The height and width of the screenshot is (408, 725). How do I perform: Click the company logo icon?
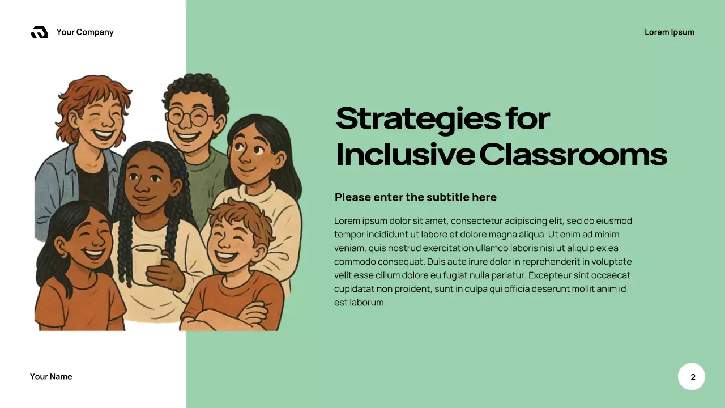click(x=40, y=32)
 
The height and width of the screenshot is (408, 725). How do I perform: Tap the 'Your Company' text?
click(x=85, y=32)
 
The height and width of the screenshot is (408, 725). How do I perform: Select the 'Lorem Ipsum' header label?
click(x=669, y=32)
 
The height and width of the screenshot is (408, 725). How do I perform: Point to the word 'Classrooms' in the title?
click(x=573, y=154)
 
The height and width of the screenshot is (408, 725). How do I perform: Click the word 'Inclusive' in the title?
click(x=405, y=154)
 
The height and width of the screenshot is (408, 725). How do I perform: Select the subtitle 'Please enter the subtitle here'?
click(x=415, y=197)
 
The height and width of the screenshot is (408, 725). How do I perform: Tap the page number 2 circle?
click(x=692, y=377)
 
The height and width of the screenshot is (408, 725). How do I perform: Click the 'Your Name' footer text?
click(x=51, y=377)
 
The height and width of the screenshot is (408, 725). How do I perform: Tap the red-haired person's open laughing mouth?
click(x=104, y=136)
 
